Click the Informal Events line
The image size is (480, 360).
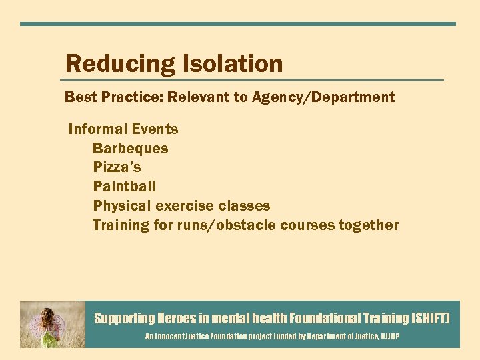coord(123,129)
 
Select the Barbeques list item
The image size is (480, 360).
coord(131,149)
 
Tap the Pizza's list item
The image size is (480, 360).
coord(117,167)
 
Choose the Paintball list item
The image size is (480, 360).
coord(124,187)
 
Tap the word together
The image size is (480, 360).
coord(369,225)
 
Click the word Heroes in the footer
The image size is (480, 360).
coord(177,319)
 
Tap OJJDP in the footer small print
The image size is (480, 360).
coord(389,337)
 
